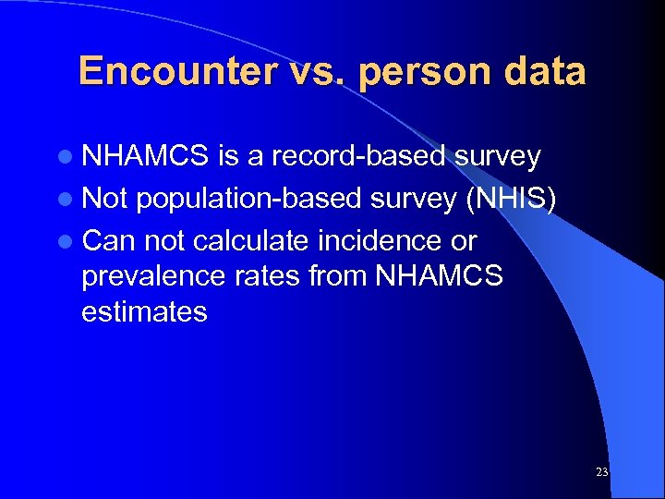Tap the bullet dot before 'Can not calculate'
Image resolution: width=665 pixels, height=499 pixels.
[71, 241]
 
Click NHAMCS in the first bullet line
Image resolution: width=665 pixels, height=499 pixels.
[146, 157]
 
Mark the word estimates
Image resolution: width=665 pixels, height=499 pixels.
[144, 312]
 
